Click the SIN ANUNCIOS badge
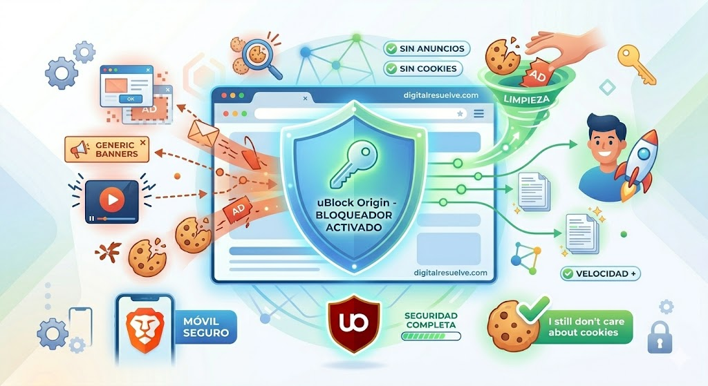tap(427, 49)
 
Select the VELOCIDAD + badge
tap(600, 273)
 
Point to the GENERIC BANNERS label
tap(107, 150)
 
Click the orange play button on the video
tap(112, 199)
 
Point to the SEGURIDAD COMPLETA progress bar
tap(431, 336)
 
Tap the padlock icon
tap(660, 337)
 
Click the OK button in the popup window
tap(131, 99)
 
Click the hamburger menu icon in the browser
tap(478, 114)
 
